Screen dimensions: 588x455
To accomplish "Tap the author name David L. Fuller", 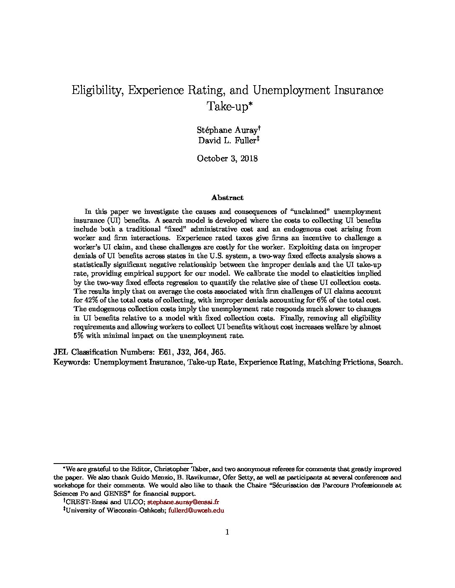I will pyautogui.click(x=227, y=140).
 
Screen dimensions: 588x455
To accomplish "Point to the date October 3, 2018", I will pyautogui.click(x=227, y=158).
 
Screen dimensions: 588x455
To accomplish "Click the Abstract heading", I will pyautogui.click(x=227, y=198).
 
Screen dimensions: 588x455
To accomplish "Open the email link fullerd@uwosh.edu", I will pyautogui.click(x=196, y=510).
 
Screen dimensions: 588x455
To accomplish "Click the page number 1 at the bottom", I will pyautogui.click(x=227, y=532).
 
